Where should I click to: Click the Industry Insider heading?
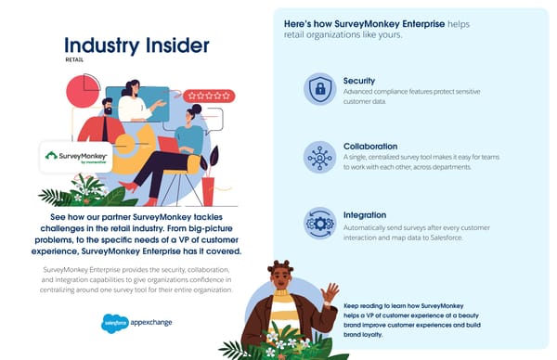point(136,45)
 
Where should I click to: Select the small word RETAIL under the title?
point(74,60)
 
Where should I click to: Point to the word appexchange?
point(150,323)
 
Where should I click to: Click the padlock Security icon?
point(319,89)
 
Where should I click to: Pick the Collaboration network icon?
point(319,156)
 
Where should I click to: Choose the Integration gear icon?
point(319,224)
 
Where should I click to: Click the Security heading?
point(359,81)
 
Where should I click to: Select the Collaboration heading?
point(370,147)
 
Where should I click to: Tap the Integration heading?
point(365,214)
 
